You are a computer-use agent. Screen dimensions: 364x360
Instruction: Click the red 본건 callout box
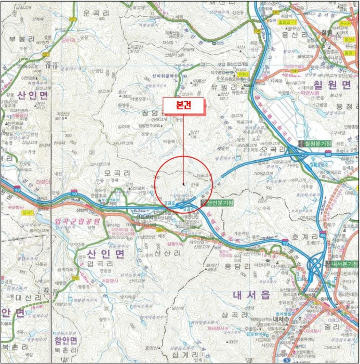coord(183,105)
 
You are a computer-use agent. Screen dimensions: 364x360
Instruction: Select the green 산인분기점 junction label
coord(221,202)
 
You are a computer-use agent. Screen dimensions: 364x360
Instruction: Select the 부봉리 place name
coord(21,39)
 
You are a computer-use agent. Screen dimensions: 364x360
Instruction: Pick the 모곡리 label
coord(116,172)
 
